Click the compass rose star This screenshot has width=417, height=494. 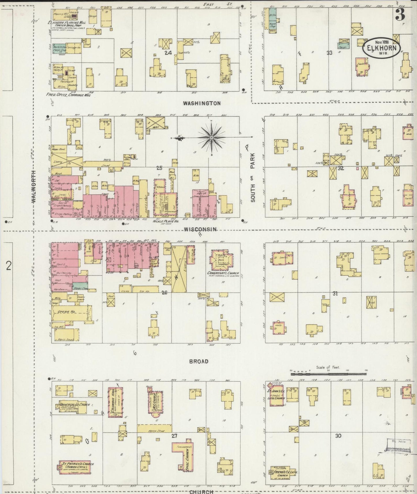[x=212, y=138]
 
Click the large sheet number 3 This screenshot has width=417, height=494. [x=400, y=15]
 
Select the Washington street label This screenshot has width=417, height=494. [x=202, y=103]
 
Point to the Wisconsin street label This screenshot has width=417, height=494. [x=200, y=229]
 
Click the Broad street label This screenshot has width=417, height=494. [x=199, y=361]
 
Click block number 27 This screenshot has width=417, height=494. [x=174, y=436]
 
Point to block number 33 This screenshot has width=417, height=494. [x=330, y=53]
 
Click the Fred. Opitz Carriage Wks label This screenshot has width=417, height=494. [x=68, y=94]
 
